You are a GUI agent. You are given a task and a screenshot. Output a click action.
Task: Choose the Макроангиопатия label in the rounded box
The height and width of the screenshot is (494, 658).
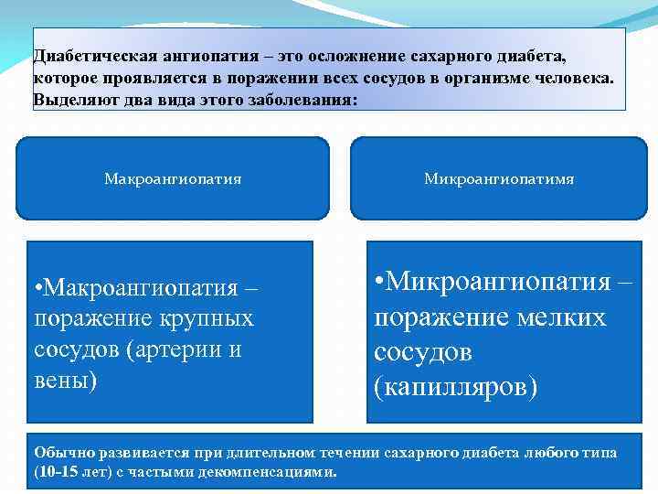tap(173, 179)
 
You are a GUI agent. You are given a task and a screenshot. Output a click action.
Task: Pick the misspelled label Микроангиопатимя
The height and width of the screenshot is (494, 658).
tap(499, 179)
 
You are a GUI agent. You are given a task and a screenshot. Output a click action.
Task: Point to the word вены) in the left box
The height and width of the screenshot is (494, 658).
tap(65, 380)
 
